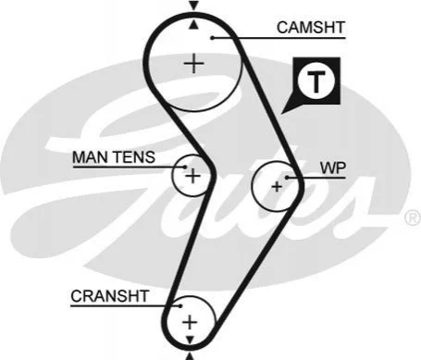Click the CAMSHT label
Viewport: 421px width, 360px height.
311,28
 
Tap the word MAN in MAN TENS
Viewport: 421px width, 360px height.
91,157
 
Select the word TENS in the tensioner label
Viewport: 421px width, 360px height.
134,157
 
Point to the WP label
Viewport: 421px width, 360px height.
333,168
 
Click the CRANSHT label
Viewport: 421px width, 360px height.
110,296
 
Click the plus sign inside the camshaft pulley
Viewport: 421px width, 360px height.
193,64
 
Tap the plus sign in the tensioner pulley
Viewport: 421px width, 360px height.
193,176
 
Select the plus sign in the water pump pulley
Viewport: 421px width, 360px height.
277,186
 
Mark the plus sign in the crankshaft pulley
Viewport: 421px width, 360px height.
190,322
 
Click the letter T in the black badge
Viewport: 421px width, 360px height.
316,81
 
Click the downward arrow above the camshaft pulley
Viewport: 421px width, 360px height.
193,6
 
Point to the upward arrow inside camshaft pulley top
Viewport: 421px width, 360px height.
193,25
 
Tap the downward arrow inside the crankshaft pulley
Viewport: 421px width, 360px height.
190,340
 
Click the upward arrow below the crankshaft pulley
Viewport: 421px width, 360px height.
190,356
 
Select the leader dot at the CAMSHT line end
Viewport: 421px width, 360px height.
212,38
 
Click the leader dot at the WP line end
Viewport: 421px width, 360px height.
287,178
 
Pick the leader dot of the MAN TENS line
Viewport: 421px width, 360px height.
185,167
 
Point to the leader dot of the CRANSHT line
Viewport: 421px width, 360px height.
180,306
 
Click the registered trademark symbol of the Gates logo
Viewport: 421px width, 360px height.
413,217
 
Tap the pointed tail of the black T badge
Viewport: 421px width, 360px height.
281,113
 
